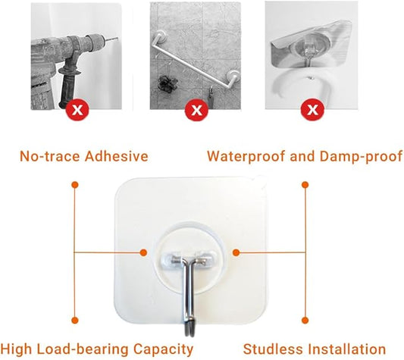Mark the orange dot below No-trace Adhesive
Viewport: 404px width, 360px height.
pos(74,183)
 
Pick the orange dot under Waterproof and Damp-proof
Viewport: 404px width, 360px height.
pos(305,183)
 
